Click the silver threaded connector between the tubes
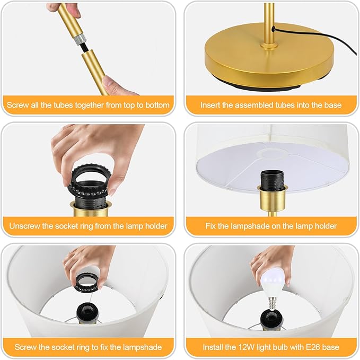pyautogui.click(x=80, y=38)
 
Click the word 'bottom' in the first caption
pyautogui.click(x=157, y=105)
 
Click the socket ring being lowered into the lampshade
pyautogui.click(x=87, y=283)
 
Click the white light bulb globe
pyautogui.click(x=274, y=283)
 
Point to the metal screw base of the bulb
pyautogui.click(x=272, y=303)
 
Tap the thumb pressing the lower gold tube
pyautogui.click(x=112, y=83)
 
